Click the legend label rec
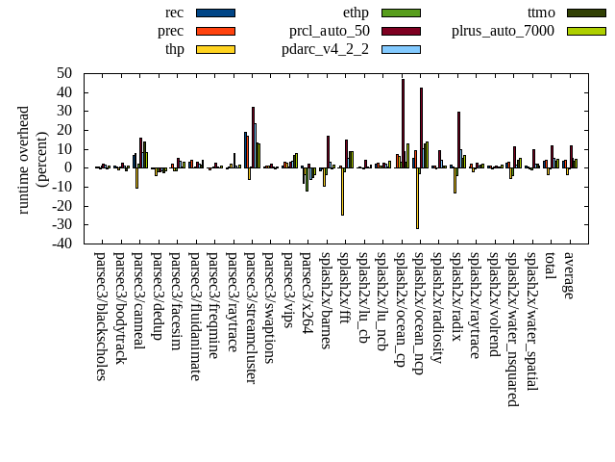pyautogui.click(x=174, y=13)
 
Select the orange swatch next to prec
pyautogui.click(x=215, y=31)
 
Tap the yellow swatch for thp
pyautogui.click(x=215, y=49)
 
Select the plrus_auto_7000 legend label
pyautogui.click(x=503, y=31)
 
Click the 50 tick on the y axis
pyautogui.click(x=65, y=73)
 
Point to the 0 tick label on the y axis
pyautogui.click(x=69, y=167)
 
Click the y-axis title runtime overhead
pyautogui.click(x=23, y=159)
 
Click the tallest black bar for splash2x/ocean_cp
pyautogui.click(x=403, y=123)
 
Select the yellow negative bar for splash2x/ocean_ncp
pyautogui.click(x=417, y=197)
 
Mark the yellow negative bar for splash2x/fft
pyautogui.click(x=342, y=191)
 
